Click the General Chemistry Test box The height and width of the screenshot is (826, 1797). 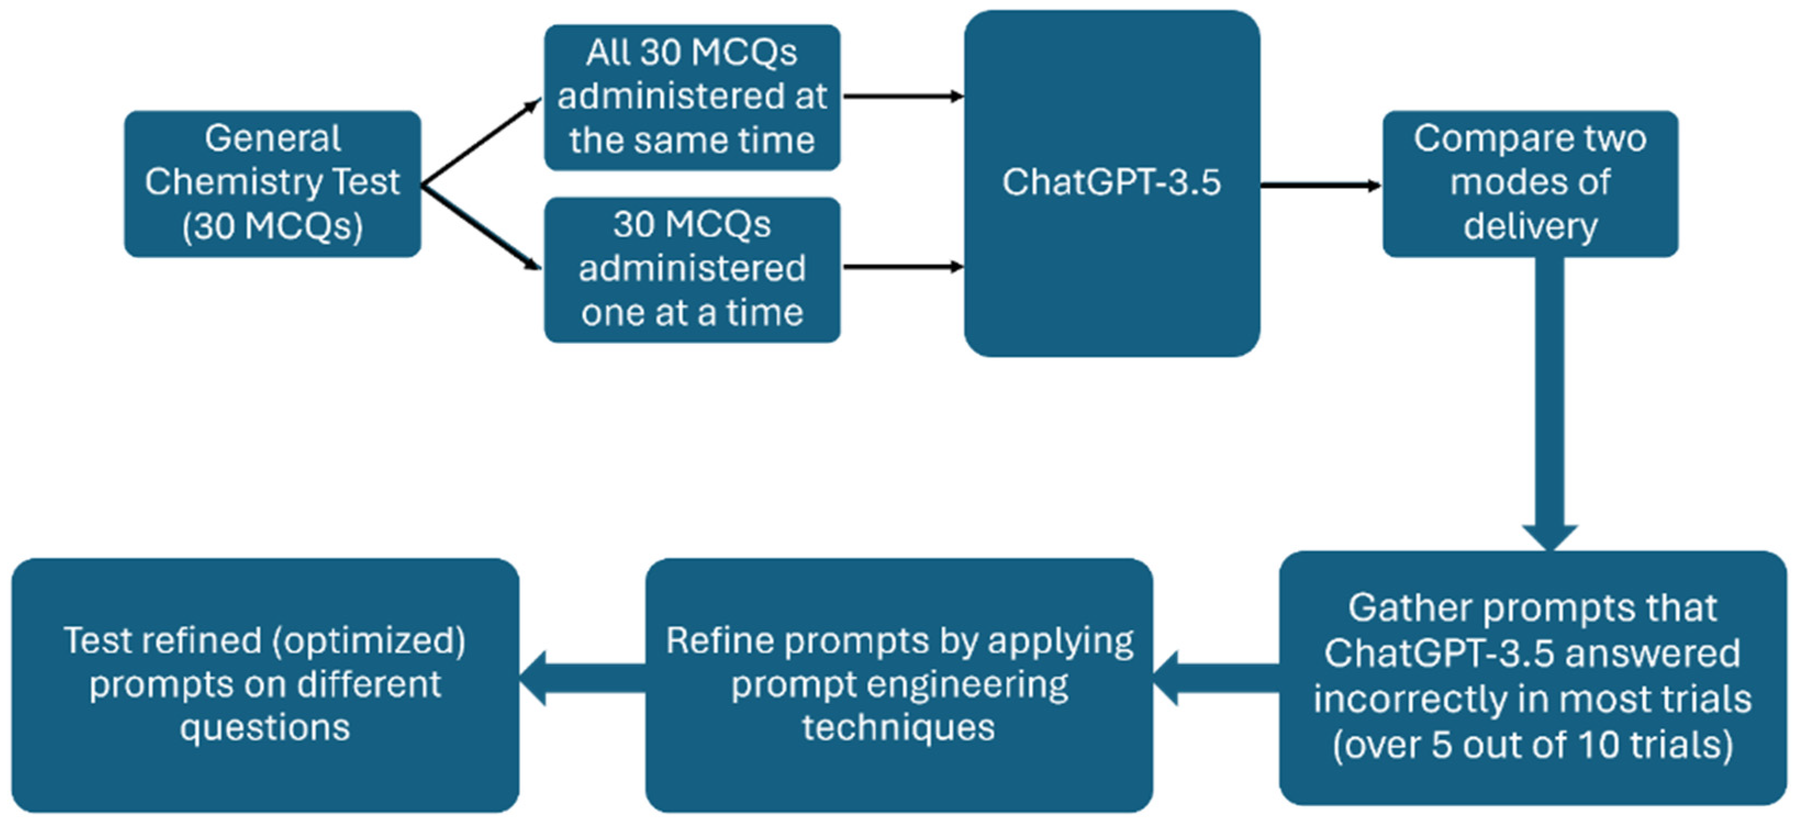[x=272, y=183]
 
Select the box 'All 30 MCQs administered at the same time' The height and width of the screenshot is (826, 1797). [x=691, y=97]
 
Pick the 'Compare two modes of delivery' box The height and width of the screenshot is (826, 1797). [x=1530, y=183]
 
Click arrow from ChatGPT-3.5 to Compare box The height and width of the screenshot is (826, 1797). [x=1320, y=185]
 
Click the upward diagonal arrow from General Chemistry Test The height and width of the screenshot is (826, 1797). [x=481, y=143]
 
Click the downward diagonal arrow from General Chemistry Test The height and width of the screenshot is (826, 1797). [x=481, y=227]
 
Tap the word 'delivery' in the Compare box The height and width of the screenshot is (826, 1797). [x=1530, y=227]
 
